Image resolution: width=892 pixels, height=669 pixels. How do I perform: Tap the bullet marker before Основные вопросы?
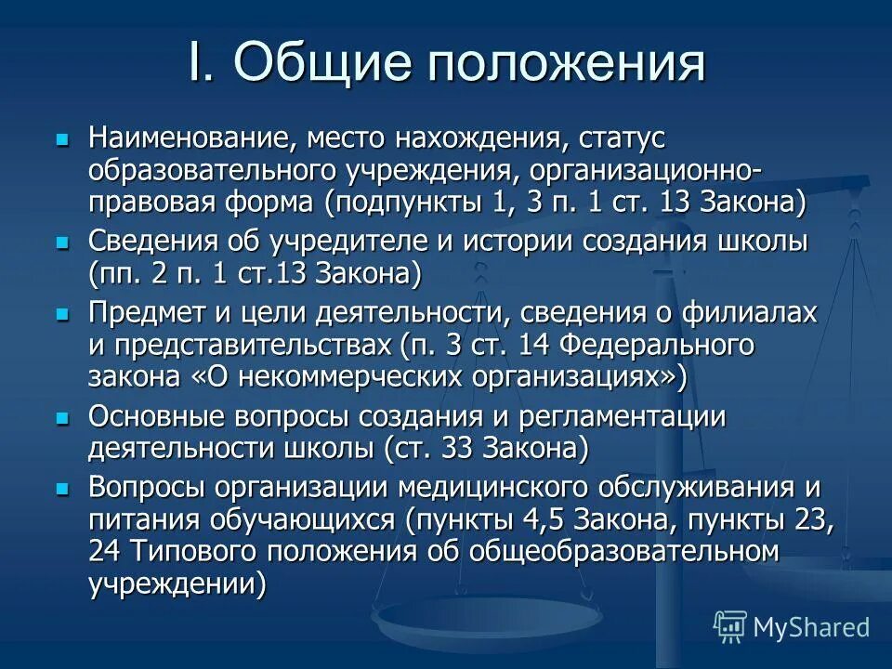[x=62, y=419]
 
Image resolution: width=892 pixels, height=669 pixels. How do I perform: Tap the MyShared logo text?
[x=810, y=626]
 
